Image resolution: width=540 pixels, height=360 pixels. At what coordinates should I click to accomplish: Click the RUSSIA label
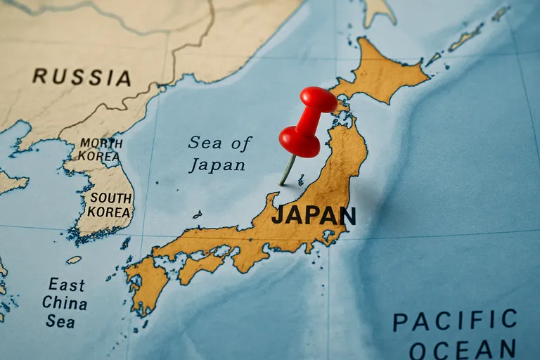pyautogui.click(x=82, y=77)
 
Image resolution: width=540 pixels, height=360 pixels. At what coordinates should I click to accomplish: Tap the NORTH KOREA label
pyautogui.click(x=100, y=149)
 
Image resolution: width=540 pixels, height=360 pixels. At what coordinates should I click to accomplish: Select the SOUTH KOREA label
pyautogui.click(x=110, y=205)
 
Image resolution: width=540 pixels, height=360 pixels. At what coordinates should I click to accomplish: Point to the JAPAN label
pyautogui.click(x=314, y=215)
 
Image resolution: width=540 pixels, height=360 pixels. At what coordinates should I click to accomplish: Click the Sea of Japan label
pyautogui.click(x=218, y=154)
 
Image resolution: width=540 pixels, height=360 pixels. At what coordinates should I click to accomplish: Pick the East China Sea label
pyautogui.click(x=65, y=303)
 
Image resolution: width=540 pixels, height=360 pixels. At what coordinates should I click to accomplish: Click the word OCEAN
pyautogui.click(x=462, y=349)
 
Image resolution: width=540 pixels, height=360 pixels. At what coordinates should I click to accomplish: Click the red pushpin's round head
pyautogui.click(x=300, y=141)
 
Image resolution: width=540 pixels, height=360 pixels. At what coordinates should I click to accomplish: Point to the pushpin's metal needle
pyautogui.click(x=288, y=171)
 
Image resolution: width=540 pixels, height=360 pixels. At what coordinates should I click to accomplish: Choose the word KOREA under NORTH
pyautogui.click(x=99, y=156)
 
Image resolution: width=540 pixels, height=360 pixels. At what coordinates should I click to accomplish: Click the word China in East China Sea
pyautogui.click(x=65, y=304)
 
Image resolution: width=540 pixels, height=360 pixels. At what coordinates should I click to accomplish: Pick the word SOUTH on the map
pyautogui.click(x=110, y=198)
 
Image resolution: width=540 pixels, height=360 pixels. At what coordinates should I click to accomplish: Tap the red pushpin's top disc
pyautogui.click(x=319, y=98)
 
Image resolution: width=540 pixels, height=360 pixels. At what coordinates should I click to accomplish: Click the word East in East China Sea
pyautogui.click(x=66, y=285)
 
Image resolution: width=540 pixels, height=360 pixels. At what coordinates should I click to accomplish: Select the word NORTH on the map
pyautogui.click(x=101, y=143)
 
